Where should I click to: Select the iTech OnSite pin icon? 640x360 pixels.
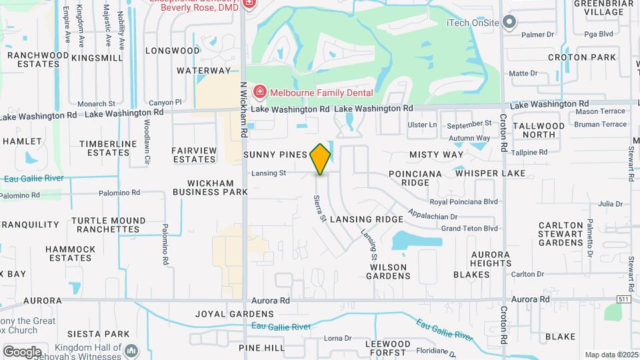[x=510, y=23]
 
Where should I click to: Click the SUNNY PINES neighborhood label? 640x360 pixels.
[x=275, y=155]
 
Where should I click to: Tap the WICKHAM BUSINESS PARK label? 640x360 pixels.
[x=210, y=187]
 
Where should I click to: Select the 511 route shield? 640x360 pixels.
[x=624, y=299]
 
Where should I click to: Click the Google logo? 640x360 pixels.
[x=22, y=351]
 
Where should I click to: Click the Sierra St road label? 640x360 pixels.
[x=319, y=208]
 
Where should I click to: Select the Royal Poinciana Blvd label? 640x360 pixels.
[x=464, y=201]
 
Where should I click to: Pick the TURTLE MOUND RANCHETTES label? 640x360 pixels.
[x=108, y=225]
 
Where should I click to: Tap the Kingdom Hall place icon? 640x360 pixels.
[x=131, y=350]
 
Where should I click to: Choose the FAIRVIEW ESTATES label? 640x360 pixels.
[x=194, y=155]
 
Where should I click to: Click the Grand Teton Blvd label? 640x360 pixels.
[x=469, y=228]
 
